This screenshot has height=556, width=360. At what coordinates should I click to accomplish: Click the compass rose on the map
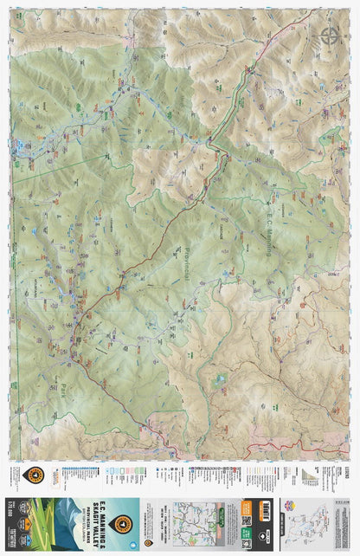329,36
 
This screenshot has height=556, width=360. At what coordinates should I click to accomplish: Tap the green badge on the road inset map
224,513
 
